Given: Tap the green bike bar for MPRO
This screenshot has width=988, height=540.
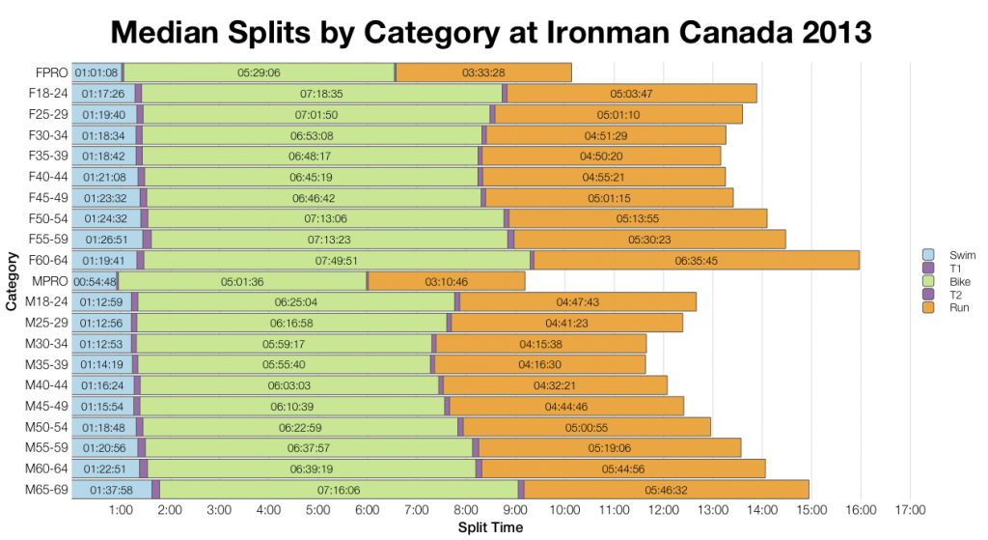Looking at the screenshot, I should tap(242, 281).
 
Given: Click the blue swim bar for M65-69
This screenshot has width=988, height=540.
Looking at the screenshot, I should tap(111, 490).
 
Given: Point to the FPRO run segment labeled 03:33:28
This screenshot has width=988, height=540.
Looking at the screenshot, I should tap(483, 72).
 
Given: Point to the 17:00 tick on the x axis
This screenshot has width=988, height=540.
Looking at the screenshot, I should tap(910, 510).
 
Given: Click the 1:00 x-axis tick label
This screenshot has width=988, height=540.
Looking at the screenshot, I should tap(121, 510).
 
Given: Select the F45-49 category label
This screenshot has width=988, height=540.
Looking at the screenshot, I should tap(46, 198).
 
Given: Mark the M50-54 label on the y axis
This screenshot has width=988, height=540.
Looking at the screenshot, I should tap(46, 427).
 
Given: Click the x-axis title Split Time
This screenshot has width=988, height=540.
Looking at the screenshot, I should tap(490, 528).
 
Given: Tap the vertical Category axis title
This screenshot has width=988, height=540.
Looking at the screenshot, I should tap(12, 281).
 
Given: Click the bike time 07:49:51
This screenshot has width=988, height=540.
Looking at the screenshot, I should tap(337, 260).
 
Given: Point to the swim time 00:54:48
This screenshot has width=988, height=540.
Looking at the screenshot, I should tap(95, 281).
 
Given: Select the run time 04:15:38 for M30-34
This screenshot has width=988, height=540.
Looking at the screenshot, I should tap(540, 344).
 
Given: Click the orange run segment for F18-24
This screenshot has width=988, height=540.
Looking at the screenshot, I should tap(632, 94).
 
